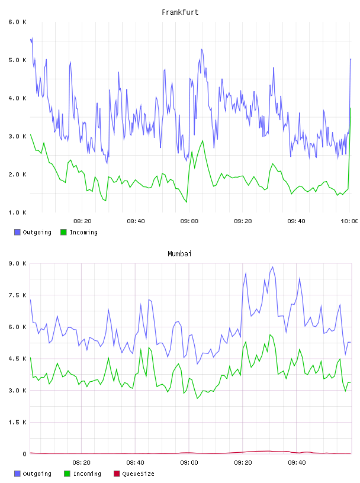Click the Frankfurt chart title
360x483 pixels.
click(180, 12)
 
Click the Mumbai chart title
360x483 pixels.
click(179, 254)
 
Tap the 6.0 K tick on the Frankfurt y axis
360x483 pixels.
click(17, 22)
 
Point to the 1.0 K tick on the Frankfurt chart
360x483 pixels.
click(17, 212)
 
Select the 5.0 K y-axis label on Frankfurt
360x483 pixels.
click(17, 60)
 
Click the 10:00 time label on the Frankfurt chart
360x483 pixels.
click(349, 221)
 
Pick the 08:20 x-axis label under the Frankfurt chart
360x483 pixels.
click(83, 221)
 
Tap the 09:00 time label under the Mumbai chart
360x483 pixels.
click(189, 463)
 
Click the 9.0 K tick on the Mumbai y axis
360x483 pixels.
click(17, 263)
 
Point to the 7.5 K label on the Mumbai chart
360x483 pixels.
click(17, 295)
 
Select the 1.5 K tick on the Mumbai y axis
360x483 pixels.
click(17, 422)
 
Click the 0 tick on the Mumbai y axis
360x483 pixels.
click(24, 454)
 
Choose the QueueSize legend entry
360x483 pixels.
click(134, 474)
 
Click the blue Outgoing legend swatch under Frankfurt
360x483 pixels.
click(17, 232)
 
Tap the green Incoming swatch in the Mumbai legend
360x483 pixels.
click(67, 474)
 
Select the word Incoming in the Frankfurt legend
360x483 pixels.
click(83, 233)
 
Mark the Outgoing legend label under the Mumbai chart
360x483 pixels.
click(37, 474)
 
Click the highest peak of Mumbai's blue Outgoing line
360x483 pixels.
click(272, 267)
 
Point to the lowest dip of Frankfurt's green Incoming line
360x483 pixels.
click(187, 202)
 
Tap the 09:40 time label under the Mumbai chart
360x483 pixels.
click(297, 463)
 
